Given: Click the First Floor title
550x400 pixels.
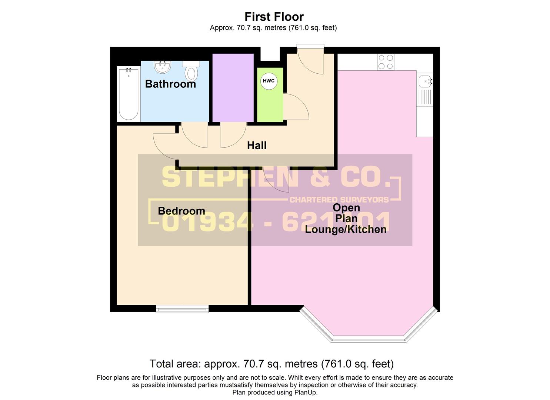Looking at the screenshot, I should (x=274, y=17).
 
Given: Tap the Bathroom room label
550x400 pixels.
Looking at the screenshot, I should (x=170, y=84).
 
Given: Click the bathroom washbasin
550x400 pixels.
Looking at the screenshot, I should (x=163, y=67).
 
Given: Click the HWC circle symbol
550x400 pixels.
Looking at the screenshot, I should (x=269, y=81).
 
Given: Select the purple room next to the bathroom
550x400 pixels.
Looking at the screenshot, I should (x=233, y=87).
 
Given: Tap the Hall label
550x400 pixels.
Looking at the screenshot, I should (x=257, y=146).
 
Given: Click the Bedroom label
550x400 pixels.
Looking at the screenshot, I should (x=181, y=211).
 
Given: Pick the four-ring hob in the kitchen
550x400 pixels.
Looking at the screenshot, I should (x=386, y=62).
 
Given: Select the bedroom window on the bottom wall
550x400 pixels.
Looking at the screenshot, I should (x=182, y=309).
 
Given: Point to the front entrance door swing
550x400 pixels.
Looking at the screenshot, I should (x=310, y=61).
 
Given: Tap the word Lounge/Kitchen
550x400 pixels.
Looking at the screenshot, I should (x=346, y=229).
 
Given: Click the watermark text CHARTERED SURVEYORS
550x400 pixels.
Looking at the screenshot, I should (x=339, y=200).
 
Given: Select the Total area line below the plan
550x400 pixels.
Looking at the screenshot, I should (x=271, y=364).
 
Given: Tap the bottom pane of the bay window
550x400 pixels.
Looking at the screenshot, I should (x=368, y=339).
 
